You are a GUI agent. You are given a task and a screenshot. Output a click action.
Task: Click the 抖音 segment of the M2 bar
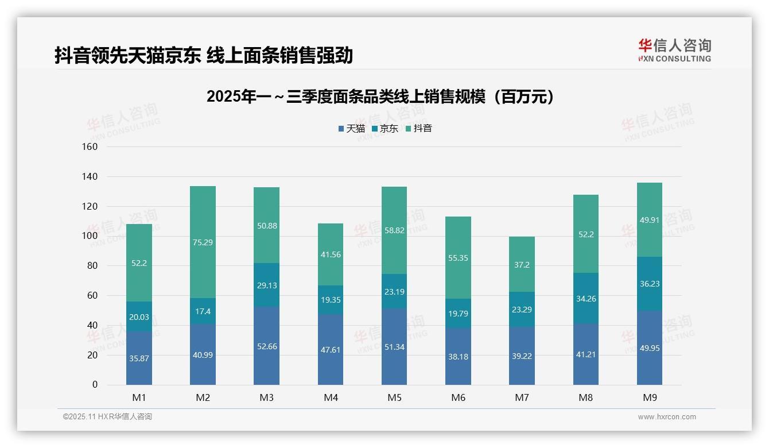tap(203, 242)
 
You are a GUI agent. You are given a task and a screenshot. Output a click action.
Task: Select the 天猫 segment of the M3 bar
tap(266, 345)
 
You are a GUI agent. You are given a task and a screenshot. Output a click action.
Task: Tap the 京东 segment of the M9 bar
tap(649, 284)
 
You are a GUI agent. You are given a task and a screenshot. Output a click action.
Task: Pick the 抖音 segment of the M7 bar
tap(522, 264)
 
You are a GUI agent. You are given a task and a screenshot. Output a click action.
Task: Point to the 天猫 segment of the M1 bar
tap(139, 358)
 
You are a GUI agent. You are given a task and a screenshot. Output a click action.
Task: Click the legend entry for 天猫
tap(352, 129)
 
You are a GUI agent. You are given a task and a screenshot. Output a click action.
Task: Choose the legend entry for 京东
tap(385, 129)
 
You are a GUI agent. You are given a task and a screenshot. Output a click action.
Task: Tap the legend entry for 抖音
tap(419, 129)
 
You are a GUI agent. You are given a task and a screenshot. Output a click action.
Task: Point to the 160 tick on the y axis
tap(91, 147)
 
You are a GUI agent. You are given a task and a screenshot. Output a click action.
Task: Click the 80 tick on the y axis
tap(92, 266)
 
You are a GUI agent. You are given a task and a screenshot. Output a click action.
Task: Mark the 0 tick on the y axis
tap(95, 385)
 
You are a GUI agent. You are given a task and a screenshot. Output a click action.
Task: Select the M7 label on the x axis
tap(522, 397)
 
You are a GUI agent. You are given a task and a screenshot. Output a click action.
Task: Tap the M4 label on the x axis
tap(331, 397)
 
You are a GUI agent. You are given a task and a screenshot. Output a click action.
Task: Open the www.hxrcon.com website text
tap(666, 417)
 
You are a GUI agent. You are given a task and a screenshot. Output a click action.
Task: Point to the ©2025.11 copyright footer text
tap(107, 417)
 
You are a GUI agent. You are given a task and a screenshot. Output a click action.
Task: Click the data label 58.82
tap(394, 230)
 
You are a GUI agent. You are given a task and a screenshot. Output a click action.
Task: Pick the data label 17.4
tap(203, 311)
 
